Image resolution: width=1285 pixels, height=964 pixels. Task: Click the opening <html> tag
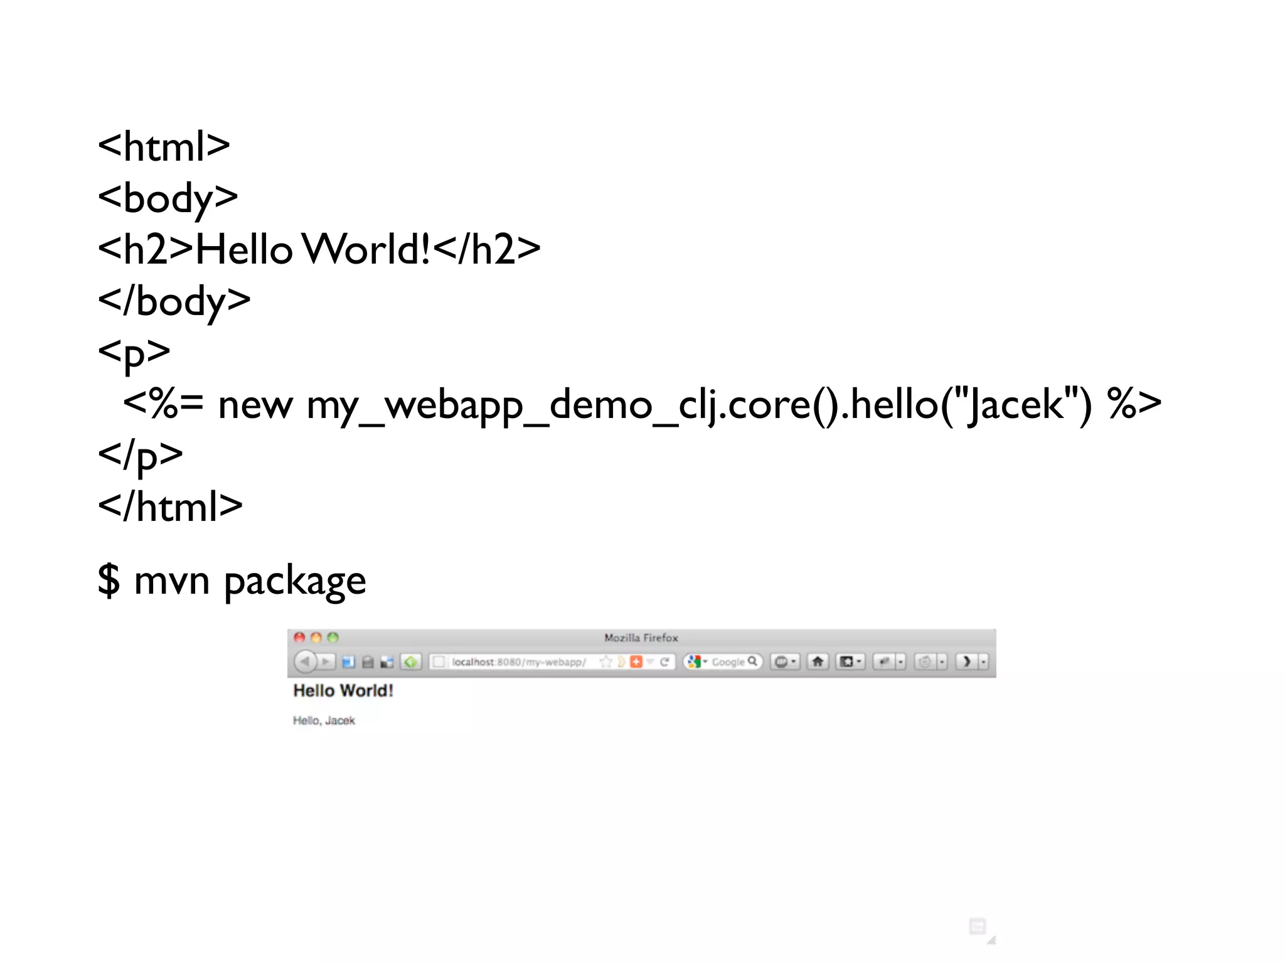[x=164, y=147]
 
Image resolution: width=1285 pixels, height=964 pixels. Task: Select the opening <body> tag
[x=168, y=198]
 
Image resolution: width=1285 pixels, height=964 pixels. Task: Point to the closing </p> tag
[x=141, y=454]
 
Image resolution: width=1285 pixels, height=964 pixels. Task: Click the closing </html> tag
[x=170, y=506]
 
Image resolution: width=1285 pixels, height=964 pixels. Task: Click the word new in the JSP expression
[x=255, y=405]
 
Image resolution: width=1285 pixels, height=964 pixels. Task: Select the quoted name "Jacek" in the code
[x=1016, y=404]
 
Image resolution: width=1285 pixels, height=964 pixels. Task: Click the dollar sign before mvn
[x=109, y=580]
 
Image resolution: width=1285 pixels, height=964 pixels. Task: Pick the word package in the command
[x=295, y=581]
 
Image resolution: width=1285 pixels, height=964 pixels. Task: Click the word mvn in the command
[x=172, y=581]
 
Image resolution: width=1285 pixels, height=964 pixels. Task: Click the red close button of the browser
[x=300, y=638]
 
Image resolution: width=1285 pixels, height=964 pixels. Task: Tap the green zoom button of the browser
[x=333, y=638]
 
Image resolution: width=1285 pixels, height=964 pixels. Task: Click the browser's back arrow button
[x=305, y=661]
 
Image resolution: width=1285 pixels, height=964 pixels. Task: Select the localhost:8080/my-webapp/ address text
[x=518, y=662]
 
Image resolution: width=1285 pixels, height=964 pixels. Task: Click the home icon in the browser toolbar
[x=818, y=661]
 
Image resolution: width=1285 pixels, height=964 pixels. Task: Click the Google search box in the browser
[x=728, y=662]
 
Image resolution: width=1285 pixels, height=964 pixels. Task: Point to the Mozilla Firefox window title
[x=641, y=638]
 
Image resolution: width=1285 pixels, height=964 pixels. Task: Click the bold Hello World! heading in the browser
[x=343, y=691]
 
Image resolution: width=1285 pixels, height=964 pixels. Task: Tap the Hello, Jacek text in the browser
[x=324, y=720]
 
